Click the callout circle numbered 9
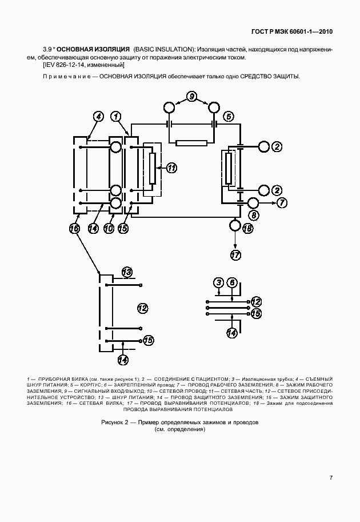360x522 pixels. tap(191, 97)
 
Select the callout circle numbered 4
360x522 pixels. tap(98, 117)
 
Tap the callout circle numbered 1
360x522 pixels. tap(116, 117)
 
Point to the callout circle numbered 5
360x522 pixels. tap(228, 117)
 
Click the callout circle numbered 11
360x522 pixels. tap(171, 168)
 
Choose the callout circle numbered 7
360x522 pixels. tap(282, 203)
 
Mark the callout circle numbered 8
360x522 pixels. tap(254, 215)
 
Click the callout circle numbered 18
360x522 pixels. tap(248, 229)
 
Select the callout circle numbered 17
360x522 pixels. tap(235, 255)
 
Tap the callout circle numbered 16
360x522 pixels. tap(74, 229)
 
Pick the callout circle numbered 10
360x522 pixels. tap(109, 229)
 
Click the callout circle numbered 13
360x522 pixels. tap(127, 272)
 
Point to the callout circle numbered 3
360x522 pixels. tap(218, 283)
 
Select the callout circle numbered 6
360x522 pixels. tap(232, 283)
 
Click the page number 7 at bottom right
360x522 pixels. tap(331, 478)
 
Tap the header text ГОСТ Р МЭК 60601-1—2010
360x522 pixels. tap(292, 32)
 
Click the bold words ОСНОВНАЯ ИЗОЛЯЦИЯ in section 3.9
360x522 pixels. tap(93, 49)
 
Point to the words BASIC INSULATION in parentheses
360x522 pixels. tap(163, 49)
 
